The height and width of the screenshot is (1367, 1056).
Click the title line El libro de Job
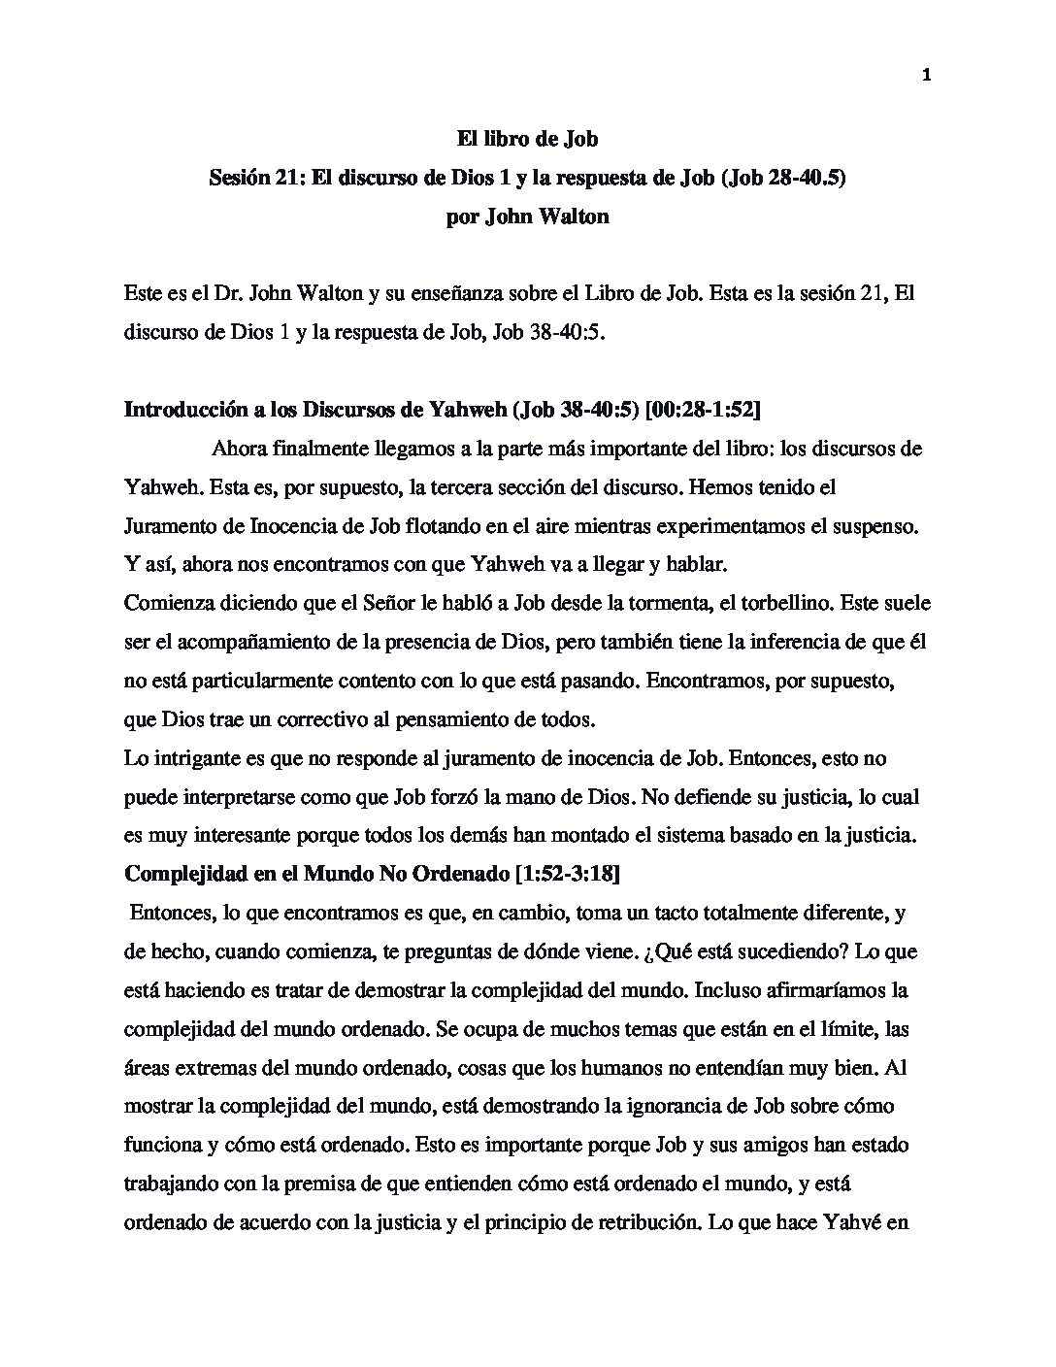(x=527, y=140)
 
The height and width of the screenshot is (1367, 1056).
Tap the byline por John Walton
(x=527, y=217)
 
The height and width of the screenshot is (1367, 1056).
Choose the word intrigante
(x=191, y=758)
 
